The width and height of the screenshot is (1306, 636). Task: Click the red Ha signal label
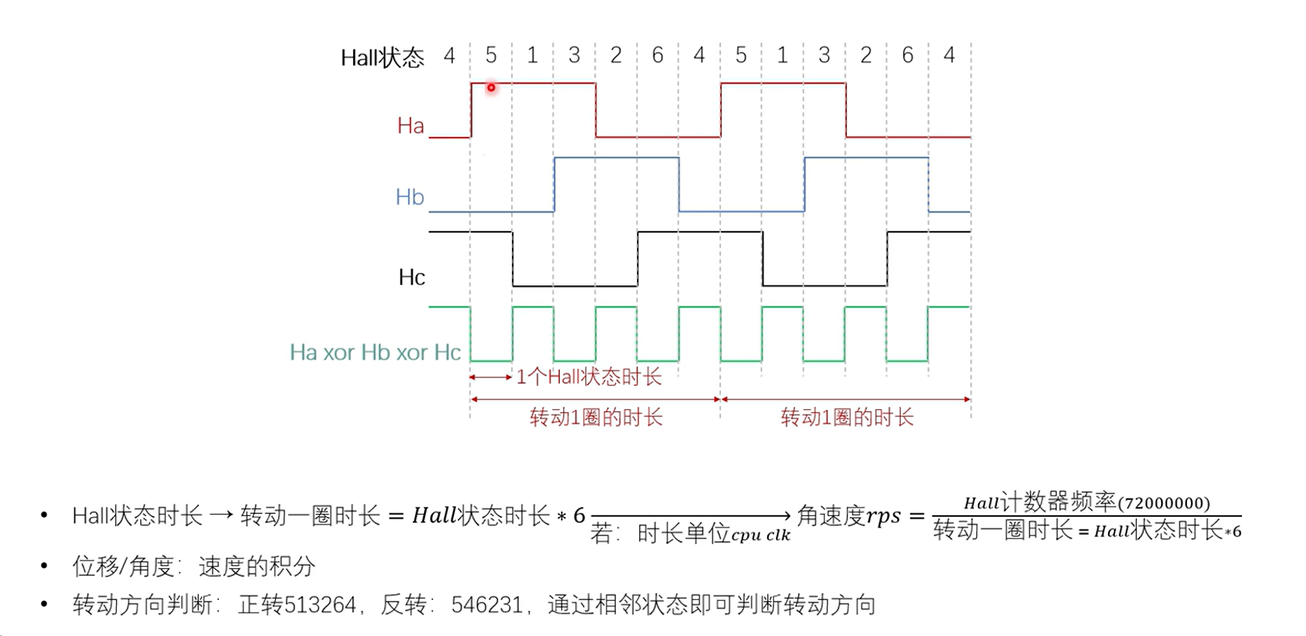tap(410, 125)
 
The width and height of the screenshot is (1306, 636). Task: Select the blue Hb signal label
tap(410, 197)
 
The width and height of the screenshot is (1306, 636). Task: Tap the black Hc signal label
tap(412, 277)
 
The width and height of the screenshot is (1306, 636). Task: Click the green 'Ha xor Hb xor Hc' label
tap(375, 352)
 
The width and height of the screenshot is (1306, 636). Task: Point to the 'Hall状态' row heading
tap(382, 57)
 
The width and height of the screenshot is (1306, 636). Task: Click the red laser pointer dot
tap(491, 88)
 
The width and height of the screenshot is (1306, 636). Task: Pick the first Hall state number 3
tap(574, 55)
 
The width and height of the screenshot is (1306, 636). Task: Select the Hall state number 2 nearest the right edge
tap(866, 55)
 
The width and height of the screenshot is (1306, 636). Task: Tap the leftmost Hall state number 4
tap(449, 55)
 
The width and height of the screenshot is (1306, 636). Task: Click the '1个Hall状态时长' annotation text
tap(589, 377)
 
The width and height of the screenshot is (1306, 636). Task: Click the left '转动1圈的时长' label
tap(596, 418)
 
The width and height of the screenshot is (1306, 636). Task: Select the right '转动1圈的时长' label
tap(847, 418)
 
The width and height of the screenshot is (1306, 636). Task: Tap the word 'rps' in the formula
tap(883, 516)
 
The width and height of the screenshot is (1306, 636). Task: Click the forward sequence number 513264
tap(320, 605)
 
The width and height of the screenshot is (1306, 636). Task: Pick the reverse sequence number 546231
tap(487, 605)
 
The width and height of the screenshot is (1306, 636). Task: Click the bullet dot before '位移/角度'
tap(44, 565)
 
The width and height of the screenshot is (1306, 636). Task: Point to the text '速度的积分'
tap(257, 566)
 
